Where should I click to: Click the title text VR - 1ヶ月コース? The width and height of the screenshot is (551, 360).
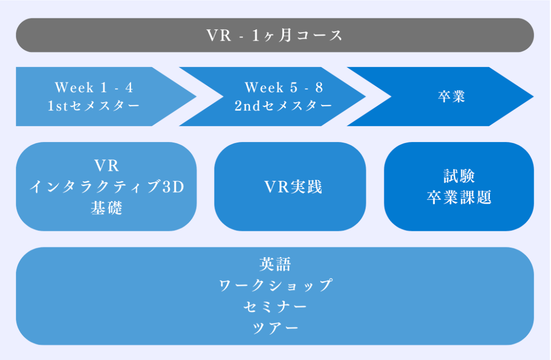pyautogui.click(x=275, y=36)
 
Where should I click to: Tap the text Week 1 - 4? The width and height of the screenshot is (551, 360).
pyautogui.click(x=94, y=88)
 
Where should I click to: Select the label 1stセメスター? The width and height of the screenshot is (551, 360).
pyautogui.click(x=94, y=106)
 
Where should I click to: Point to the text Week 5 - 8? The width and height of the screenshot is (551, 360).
pyautogui.click(x=283, y=88)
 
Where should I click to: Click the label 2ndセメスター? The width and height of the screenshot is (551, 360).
pyautogui.click(x=283, y=106)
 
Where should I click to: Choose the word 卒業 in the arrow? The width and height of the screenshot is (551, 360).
pyautogui.click(x=451, y=97)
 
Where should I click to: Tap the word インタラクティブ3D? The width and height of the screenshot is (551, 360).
pyautogui.click(x=106, y=187)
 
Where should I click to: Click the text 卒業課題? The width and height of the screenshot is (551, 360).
pyautogui.click(x=459, y=198)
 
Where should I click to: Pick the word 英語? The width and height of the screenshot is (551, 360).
pyautogui.click(x=275, y=264)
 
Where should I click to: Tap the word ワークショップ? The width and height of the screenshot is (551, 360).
pyautogui.click(x=275, y=286)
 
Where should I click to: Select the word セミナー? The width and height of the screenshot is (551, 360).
pyautogui.click(x=275, y=307)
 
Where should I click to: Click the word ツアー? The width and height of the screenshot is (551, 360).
pyautogui.click(x=275, y=328)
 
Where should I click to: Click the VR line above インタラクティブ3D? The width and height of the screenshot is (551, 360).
pyautogui.click(x=106, y=166)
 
